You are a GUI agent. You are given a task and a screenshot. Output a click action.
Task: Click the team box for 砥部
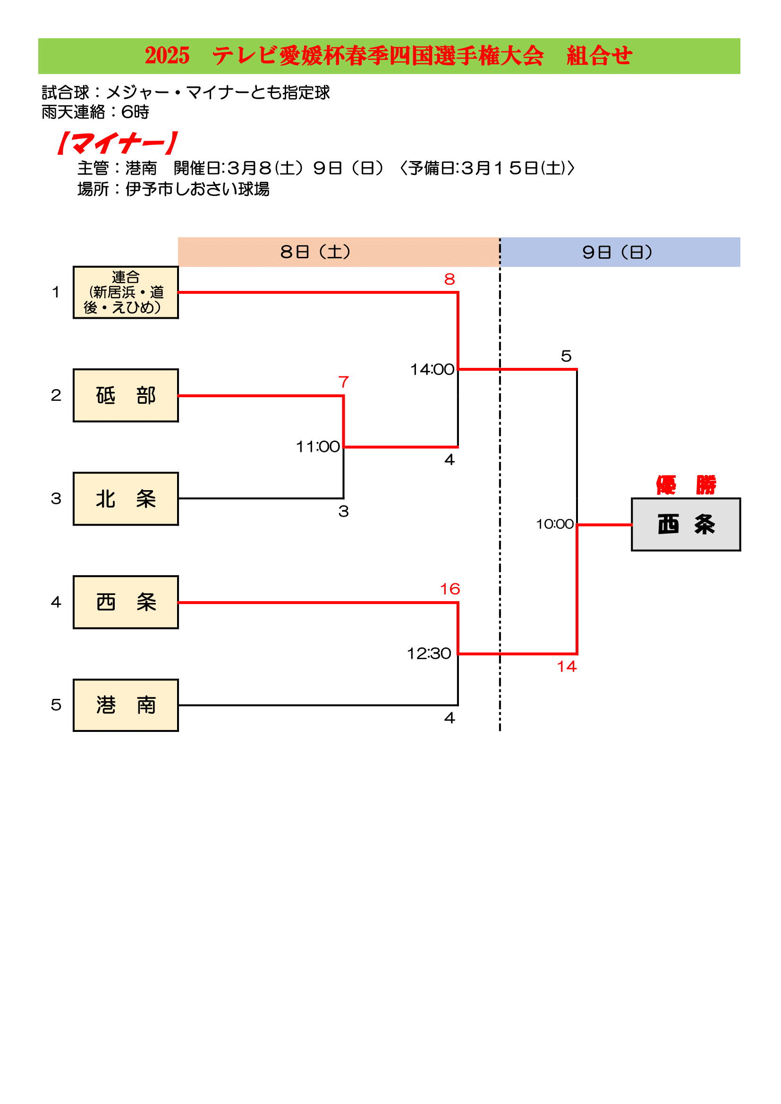click(x=126, y=395)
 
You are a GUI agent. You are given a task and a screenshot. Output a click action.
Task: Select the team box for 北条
click(x=126, y=499)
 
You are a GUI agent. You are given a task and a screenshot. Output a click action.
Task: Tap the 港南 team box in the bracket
click(x=126, y=705)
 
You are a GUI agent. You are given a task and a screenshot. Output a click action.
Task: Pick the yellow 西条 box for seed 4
click(x=126, y=602)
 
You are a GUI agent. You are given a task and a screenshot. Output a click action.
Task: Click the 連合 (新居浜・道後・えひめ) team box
click(x=126, y=292)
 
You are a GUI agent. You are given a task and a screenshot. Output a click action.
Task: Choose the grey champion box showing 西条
click(x=685, y=524)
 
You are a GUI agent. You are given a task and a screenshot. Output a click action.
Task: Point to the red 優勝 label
click(x=686, y=484)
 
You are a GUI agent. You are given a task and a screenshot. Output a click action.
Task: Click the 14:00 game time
click(x=432, y=369)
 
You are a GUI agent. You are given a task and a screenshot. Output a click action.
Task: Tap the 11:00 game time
click(x=317, y=447)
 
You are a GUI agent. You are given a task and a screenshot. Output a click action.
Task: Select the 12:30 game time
click(x=429, y=654)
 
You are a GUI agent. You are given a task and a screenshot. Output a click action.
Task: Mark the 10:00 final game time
click(x=554, y=524)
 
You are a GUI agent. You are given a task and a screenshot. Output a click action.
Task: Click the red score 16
click(x=450, y=589)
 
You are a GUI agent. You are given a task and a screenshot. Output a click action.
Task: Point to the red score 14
click(x=567, y=666)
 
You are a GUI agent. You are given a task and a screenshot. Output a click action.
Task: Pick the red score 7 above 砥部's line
click(x=343, y=382)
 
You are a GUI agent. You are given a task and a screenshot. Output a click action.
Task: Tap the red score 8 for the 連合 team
click(x=449, y=280)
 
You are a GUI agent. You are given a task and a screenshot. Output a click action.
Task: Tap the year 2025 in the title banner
click(x=167, y=56)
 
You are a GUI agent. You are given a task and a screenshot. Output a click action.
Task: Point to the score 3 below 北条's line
click(x=343, y=511)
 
